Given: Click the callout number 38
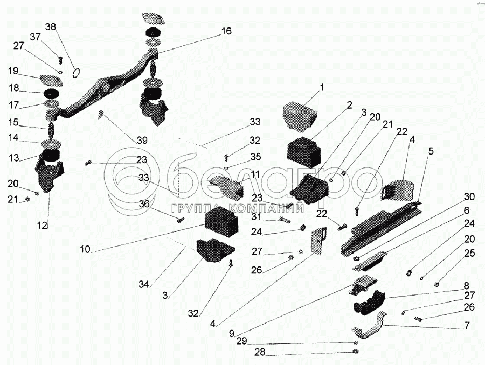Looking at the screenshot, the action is click(51, 27).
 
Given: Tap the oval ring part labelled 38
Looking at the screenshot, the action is click(76, 73).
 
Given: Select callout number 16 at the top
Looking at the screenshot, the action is click(226, 31).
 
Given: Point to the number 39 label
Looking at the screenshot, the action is click(142, 141).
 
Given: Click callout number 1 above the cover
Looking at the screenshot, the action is click(322, 88).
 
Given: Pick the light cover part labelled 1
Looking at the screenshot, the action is click(299, 116).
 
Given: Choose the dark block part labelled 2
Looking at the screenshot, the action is click(304, 151).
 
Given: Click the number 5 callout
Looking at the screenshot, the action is click(431, 151).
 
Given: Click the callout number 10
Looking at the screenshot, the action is click(85, 249).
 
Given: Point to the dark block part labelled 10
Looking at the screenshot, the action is click(221, 222).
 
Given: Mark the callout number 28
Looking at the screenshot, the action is click(260, 352).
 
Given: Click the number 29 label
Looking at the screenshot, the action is click(242, 341).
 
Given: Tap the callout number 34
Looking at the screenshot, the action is click(144, 284).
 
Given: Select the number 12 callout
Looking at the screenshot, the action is click(43, 226).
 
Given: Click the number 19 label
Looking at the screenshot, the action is click(13, 71).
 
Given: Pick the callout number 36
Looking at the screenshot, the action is click(144, 204).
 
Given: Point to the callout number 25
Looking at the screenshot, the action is click(469, 253).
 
